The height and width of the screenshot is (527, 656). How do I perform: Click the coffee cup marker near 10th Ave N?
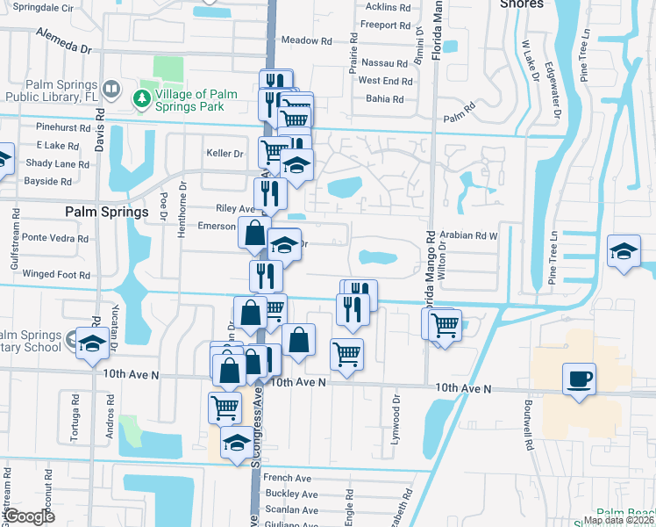(x=579, y=379)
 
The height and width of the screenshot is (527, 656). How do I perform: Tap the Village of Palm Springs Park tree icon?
(x=141, y=100)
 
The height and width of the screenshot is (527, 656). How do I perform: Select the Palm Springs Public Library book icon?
(x=111, y=89)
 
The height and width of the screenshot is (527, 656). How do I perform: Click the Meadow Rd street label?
(x=307, y=40)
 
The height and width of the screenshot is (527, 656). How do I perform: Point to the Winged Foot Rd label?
(x=57, y=275)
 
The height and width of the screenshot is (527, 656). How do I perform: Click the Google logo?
(x=28, y=516)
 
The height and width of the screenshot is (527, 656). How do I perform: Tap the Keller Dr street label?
(x=225, y=153)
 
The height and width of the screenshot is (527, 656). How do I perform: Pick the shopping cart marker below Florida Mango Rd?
(x=446, y=325)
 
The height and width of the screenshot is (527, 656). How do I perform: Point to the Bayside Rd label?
(x=49, y=181)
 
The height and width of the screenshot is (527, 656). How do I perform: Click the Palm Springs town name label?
(x=107, y=212)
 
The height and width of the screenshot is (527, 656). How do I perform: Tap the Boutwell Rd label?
(x=529, y=427)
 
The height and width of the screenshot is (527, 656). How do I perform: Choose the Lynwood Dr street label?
(x=396, y=417)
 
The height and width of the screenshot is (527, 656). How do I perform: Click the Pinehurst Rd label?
(x=63, y=127)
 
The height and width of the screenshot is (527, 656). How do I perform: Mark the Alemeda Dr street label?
(x=64, y=39)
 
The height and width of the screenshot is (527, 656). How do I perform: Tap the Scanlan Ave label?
(x=292, y=509)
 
